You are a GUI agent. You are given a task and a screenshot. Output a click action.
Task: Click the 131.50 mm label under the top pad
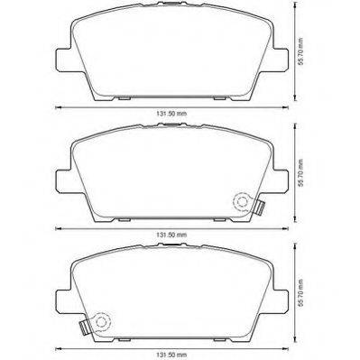[171, 114]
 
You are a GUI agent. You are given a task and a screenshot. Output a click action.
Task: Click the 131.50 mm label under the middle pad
[171, 235]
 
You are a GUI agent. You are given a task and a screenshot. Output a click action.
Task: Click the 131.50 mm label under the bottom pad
[171, 355]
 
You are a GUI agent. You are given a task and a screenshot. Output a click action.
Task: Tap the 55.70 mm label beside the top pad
[300, 51]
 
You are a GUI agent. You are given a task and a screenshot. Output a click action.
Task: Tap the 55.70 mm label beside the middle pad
[300, 172]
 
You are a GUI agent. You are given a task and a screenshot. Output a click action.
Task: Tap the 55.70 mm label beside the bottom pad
[300, 293]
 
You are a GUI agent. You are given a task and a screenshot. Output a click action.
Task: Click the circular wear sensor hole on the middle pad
[242, 201]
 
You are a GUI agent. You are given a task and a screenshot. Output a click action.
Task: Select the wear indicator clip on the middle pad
[260, 208]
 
